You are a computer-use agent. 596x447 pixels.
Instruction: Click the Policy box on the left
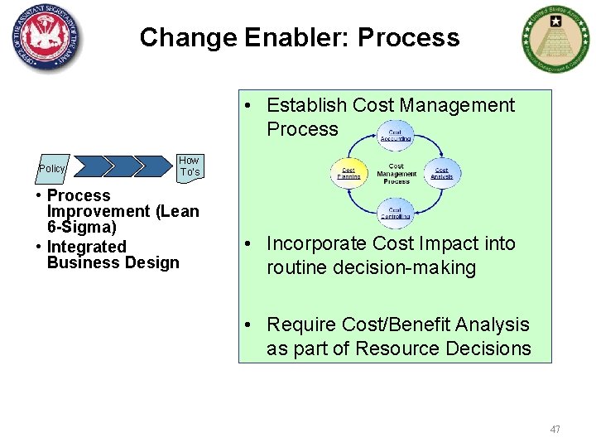[x=52, y=168]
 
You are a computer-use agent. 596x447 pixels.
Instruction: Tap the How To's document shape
[x=189, y=166]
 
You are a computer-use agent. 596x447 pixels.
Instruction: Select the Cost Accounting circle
[x=395, y=135]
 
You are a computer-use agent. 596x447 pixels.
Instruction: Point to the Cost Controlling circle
[x=395, y=214]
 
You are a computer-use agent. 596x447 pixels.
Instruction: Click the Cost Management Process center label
[x=396, y=174]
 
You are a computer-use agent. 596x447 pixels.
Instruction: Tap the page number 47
[x=555, y=429]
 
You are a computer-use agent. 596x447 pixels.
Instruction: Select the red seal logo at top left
[x=47, y=37]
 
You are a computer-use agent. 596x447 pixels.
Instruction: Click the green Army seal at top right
[x=552, y=39]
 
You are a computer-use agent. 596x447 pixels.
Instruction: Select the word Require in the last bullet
[x=298, y=324]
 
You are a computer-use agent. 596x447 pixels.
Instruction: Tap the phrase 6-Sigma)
[x=82, y=227]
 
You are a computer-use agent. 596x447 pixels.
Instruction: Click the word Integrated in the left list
[x=87, y=246]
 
